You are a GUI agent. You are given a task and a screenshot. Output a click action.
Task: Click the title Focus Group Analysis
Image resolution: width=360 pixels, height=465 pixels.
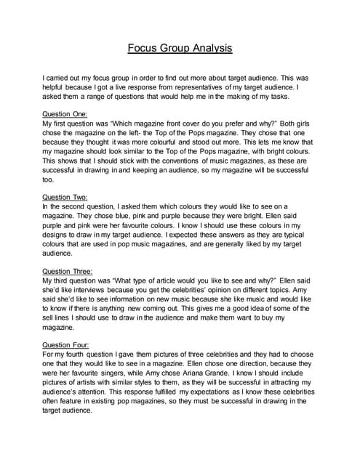(180, 49)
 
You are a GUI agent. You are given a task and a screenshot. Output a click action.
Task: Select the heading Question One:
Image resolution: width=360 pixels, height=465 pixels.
(66, 114)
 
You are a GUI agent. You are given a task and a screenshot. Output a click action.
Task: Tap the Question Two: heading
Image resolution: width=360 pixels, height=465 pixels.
(66, 197)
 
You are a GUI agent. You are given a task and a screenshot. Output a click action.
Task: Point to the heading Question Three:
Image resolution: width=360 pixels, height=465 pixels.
(68, 271)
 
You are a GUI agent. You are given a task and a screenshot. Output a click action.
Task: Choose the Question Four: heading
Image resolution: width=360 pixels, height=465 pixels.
(67, 345)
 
